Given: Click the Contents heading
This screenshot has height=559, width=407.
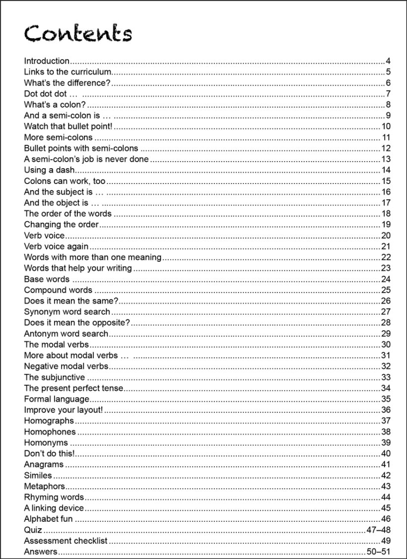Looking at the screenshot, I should click(x=78, y=34).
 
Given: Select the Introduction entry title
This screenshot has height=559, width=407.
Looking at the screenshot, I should click(x=47, y=61).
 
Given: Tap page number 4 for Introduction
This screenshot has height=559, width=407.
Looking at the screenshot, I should click(x=388, y=61).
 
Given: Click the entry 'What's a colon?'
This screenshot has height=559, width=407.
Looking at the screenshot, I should click(x=55, y=105).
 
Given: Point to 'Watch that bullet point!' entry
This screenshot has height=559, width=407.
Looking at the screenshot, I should click(x=68, y=126).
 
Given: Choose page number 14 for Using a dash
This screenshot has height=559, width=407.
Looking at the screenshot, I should click(x=386, y=170).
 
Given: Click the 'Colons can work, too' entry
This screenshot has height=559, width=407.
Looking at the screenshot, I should click(x=65, y=181).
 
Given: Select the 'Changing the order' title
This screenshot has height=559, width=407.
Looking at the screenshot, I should click(x=62, y=225).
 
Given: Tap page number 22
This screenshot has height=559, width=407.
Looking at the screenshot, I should click(x=386, y=257).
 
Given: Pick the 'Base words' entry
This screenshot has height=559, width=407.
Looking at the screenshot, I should click(x=47, y=279).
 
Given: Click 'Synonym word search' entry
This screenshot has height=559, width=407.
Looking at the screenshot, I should click(x=67, y=312).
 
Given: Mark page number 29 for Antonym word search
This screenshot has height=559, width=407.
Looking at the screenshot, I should click(x=386, y=334).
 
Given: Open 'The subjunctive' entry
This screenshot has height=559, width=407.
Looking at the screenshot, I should click(x=54, y=377).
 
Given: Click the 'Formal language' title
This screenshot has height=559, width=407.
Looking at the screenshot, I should click(x=57, y=399).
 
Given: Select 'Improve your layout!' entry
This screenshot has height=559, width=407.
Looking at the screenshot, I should click(x=63, y=410).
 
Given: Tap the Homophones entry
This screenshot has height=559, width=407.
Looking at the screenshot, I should click(x=50, y=432).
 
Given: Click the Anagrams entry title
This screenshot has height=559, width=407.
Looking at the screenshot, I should click(x=44, y=465).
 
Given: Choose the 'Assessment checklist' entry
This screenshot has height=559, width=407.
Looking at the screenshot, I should click(x=66, y=541).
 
